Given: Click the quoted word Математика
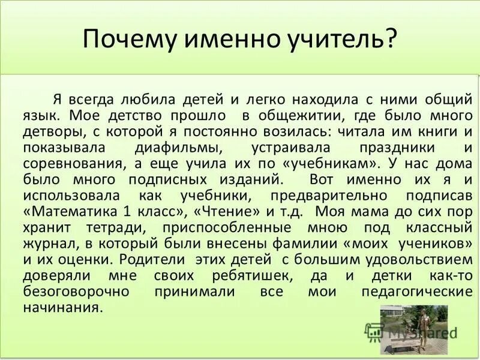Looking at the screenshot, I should [78, 212].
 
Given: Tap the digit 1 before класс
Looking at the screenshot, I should [131, 212].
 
